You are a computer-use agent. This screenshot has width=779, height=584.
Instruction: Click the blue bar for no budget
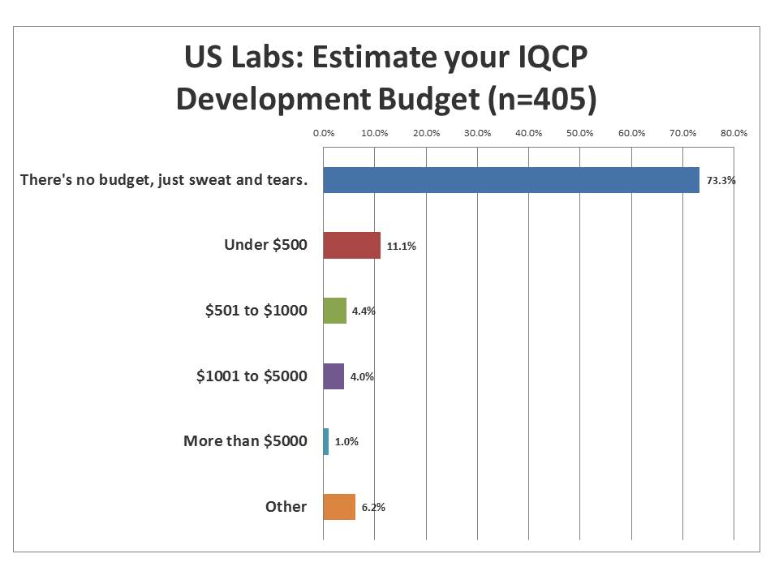coord(511,180)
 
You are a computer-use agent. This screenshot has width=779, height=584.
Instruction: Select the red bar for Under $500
coord(351,245)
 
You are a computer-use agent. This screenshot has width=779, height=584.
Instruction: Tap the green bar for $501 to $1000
coord(334,311)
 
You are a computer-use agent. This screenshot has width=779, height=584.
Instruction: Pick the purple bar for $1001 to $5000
coord(334,376)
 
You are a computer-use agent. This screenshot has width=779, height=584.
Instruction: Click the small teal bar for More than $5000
coord(326,442)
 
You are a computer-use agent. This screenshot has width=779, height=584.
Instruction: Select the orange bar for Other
coord(339,507)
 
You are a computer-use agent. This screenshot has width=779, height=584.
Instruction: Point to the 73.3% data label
coord(721,181)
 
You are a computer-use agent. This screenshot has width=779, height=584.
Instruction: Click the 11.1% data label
coord(401,247)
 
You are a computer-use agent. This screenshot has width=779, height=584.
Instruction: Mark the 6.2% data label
coord(373,508)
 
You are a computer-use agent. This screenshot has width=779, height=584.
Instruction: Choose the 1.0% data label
coord(346,442)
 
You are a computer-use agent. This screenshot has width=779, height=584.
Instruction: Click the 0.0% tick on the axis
coord(324,133)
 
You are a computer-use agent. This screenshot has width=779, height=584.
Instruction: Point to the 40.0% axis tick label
coord(529,133)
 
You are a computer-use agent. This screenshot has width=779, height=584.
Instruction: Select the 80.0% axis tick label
coord(734,133)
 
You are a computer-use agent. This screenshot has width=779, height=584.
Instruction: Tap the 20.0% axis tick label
coord(426,133)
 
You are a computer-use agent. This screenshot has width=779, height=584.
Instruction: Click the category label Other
coord(286,507)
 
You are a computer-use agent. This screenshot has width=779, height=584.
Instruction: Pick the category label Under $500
coord(265,244)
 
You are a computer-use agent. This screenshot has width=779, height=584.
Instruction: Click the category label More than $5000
coord(245,441)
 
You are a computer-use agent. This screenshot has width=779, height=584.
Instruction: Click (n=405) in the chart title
coord(539,98)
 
